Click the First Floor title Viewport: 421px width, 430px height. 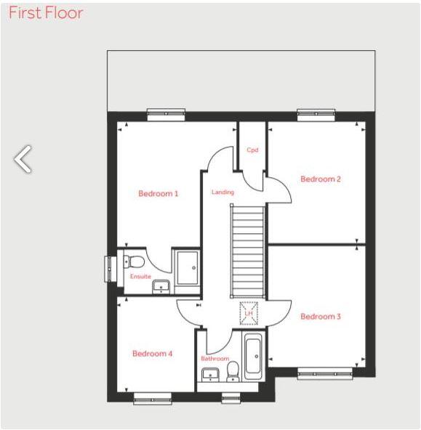(46, 13)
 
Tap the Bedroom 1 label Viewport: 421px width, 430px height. (158, 194)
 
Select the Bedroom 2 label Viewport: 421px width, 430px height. (321, 179)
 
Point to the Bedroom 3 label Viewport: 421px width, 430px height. (321, 317)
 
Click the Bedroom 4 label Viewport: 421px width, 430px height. (152, 354)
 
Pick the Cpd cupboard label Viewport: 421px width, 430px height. (252, 150)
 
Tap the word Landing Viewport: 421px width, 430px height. (222, 192)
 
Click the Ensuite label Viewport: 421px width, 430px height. (140, 277)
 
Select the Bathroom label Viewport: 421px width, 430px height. (215, 359)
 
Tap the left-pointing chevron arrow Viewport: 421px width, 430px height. (23, 159)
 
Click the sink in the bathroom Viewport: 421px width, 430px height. (210, 375)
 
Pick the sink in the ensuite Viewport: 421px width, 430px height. (161, 286)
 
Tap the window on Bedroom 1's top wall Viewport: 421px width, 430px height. (166, 114)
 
